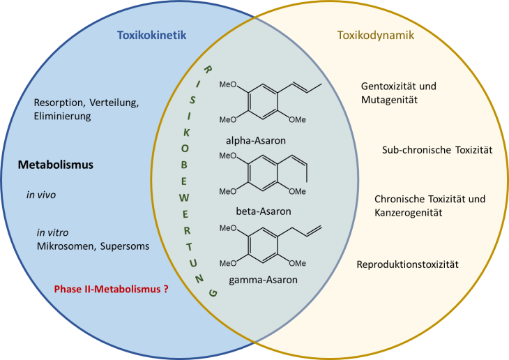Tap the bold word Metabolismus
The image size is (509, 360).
(x=56, y=165)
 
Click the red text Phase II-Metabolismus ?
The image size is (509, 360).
(x=111, y=287)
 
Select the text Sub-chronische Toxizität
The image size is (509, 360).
(x=437, y=150)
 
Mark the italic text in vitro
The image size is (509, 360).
(x=52, y=232)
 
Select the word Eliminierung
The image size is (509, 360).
(x=63, y=117)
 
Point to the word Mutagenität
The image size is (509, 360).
(x=389, y=100)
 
